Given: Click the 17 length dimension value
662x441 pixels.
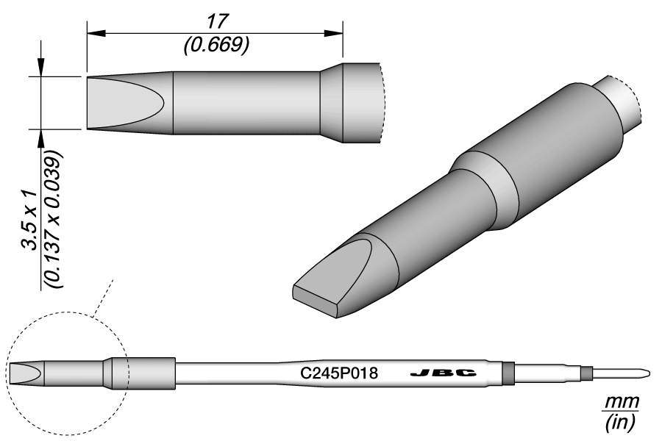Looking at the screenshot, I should tap(216, 21).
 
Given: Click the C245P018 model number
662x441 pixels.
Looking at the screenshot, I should tap(340, 373).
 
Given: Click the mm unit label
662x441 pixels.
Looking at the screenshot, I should tap(622, 403).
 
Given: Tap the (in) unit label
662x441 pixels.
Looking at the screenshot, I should tap(622, 423).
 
